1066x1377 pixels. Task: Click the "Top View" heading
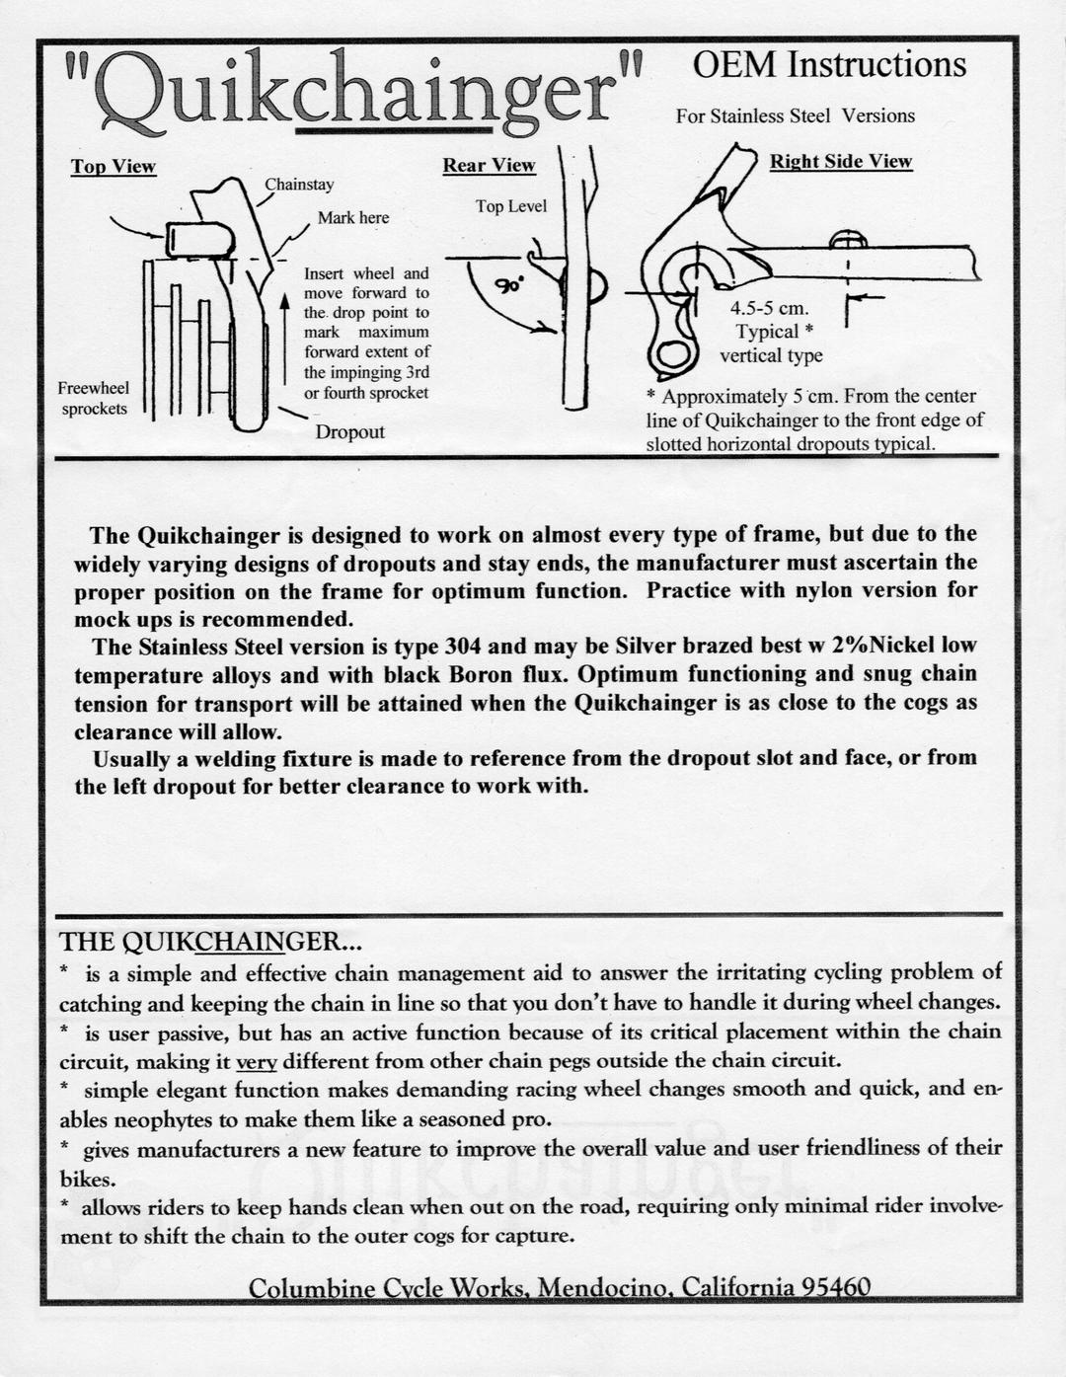point(113,166)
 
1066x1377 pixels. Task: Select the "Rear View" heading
point(489,165)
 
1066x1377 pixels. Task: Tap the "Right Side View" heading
point(841,162)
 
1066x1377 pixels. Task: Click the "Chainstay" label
point(299,185)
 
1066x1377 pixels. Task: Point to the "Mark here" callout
point(353,218)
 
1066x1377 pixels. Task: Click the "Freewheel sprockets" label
point(93,398)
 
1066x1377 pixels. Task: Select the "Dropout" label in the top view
point(349,432)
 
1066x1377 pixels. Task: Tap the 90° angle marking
point(509,286)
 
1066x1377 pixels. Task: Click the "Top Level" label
point(510,206)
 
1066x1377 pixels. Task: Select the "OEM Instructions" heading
point(829,65)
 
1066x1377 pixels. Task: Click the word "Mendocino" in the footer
point(605,1288)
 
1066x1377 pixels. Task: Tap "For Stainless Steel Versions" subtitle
point(795,115)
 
